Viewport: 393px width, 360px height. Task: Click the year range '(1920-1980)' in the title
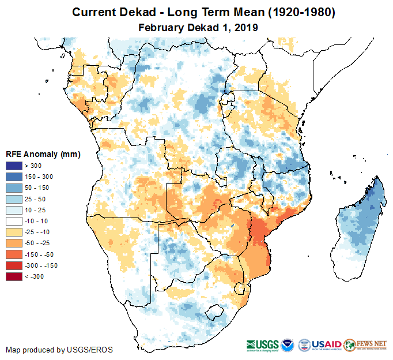coord(289,12)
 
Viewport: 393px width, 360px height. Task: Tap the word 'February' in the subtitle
coord(161,27)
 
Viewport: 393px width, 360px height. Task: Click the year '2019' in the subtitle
coord(245,27)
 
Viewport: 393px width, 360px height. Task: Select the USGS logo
coord(265,344)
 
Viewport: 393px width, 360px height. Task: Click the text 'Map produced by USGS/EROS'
coord(59,350)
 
